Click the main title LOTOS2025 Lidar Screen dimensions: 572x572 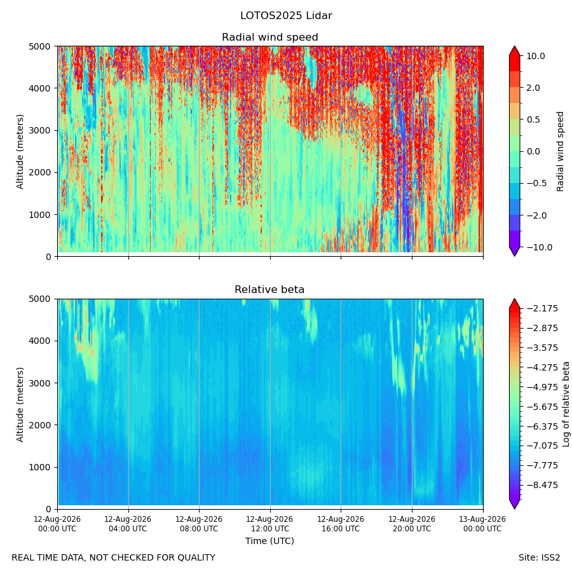pos(286,16)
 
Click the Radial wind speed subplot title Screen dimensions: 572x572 pos(270,37)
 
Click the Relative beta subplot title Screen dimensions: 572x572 pos(269,290)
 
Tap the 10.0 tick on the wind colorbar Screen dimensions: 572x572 pos(536,56)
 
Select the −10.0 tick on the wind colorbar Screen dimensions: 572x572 pos(539,247)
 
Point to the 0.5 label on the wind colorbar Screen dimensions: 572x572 pos(533,119)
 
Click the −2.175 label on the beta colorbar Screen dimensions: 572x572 pos(543,309)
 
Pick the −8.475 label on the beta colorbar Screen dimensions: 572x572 pos(543,485)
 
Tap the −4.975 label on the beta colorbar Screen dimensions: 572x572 pos(543,387)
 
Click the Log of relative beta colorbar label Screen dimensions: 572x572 pos(566,404)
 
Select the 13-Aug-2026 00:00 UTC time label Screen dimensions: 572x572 pos(482,524)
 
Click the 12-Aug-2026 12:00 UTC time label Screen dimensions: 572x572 pos(269,524)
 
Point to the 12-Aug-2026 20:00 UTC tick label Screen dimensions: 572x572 pos(411,524)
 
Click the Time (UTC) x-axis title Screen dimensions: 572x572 pos(269,541)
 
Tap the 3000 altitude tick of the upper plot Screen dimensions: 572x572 pos(40,130)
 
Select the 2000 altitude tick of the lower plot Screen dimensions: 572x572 pos(40,425)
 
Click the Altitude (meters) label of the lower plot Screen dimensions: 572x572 pos(20,404)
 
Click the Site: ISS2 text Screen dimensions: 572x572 pos(539,558)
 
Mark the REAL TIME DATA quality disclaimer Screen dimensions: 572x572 pos(114,558)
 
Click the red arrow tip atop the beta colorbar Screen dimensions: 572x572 pos(514,299)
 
